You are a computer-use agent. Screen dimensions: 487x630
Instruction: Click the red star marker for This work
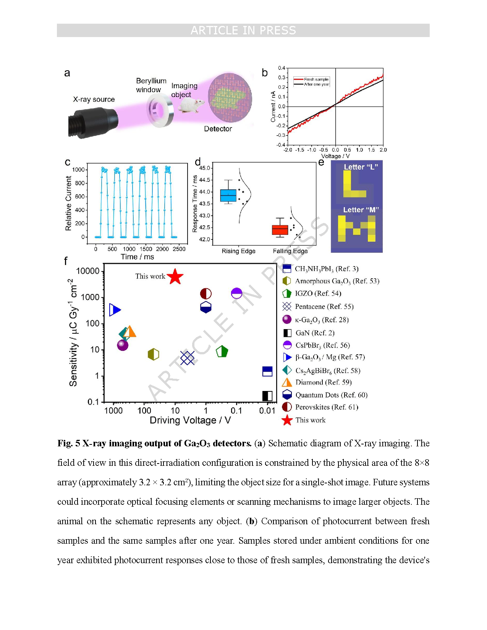coord(175,276)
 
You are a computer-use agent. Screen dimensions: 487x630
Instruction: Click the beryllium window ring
coord(160,111)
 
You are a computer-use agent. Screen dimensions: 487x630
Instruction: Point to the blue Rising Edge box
coord(228,195)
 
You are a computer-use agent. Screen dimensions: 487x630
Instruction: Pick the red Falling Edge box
coord(280,229)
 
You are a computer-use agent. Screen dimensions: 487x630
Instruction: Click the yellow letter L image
coord(354,184)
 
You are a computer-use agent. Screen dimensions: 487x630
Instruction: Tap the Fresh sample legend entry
coord(311,79)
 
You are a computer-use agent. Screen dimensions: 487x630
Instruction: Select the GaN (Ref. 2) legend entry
coord(309,333)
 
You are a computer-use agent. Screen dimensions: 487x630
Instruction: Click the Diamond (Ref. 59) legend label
coord(324,382)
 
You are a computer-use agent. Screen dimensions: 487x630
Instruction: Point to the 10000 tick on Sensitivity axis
coord(88,271)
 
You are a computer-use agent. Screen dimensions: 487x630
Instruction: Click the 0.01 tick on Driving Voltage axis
coord(267,410)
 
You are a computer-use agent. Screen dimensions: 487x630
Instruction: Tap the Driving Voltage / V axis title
coord(190,420)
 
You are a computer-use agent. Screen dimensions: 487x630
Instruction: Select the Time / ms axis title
coord(137,257)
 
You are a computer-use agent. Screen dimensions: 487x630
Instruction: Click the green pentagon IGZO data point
coord(222,351)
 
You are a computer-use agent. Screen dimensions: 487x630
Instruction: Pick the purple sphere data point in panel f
coord(122,345)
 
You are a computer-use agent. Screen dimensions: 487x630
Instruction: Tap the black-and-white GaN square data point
coord(267,396)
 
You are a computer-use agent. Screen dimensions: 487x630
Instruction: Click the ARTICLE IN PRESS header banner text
coord(243,30)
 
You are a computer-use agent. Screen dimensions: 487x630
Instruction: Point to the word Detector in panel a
coord(218,129)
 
